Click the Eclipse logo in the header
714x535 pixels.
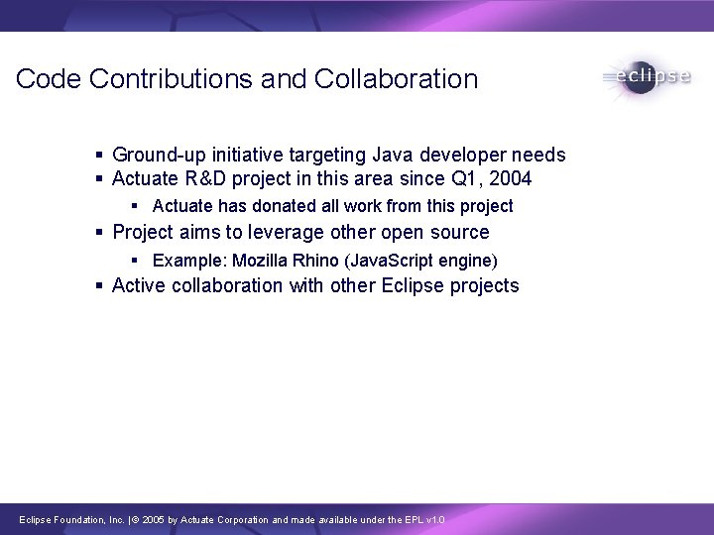point(646,78)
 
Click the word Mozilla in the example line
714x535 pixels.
point(260,261)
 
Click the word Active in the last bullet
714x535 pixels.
point(140,286)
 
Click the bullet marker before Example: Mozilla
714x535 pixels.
point(137,261)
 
